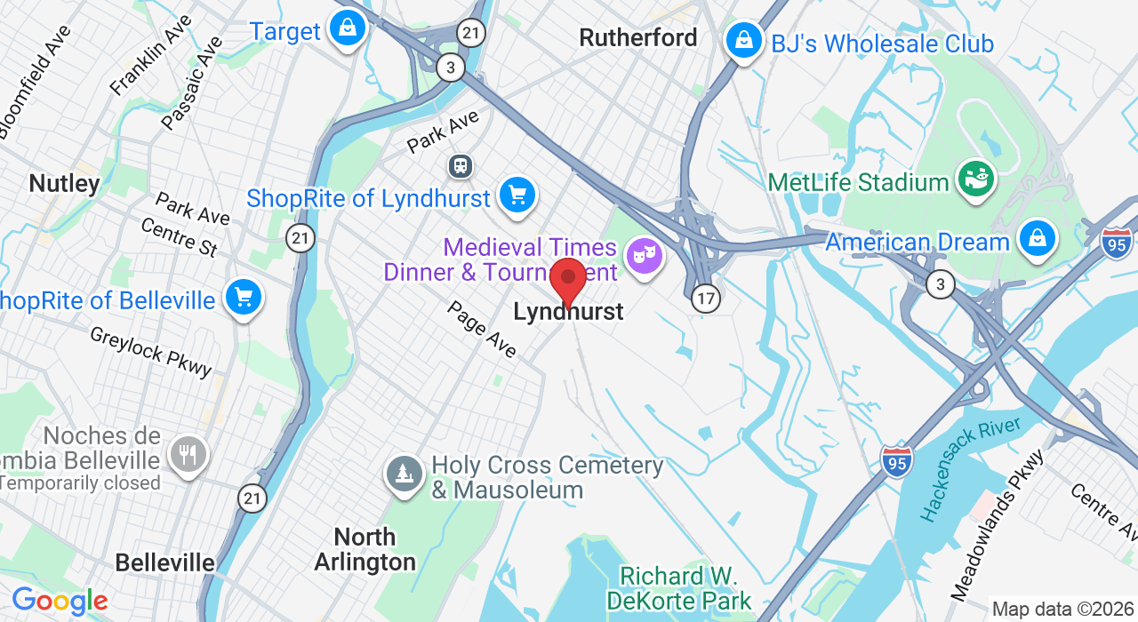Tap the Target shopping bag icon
pyautogui.click(x=348, y=28)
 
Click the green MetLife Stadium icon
pyautogui.click(x=975, y=179)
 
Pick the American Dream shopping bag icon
pyautogui.click(x=1037, y=238)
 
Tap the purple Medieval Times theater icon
pyautogui.click(x=644, y=256)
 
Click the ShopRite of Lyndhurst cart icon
pyautogui.click(x=517, y=195)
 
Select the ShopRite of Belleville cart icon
pyautogui.click(x=243, y=297)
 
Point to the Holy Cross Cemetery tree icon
pyautogui.click(x=405, y=474)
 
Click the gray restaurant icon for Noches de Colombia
pyautogui.click(x=187, y=454)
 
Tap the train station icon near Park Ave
pyautogui.click(x=461, y=165)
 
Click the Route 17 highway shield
pyautogui.click(x=706, y=298)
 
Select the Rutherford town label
pyautogui.click(x=637, y=37)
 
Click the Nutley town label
pyautogui.click(x=64, y=183)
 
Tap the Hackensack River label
pyautogui.click(x=970, y=470)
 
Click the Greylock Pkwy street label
pyautogui.click(x=151, y=350)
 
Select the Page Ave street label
pyautogui.click(x=482, y=329)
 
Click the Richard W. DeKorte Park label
pyautogui.click(x=678, y=587)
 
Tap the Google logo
pyautogui.click(x=60, y=602)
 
